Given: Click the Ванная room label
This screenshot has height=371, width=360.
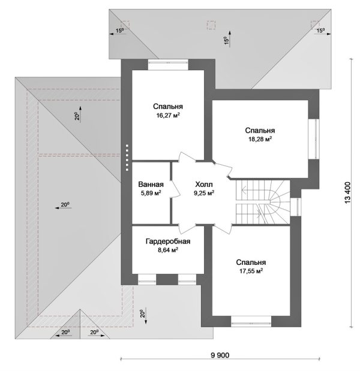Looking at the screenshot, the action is click(151, 185).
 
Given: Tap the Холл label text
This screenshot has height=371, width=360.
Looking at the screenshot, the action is click(204, 185).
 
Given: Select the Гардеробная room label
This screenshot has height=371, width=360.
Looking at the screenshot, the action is click(168, 242).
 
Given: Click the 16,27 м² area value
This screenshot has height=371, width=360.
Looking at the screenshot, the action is click(168, 115).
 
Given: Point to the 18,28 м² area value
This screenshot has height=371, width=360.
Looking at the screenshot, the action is click(260, 139).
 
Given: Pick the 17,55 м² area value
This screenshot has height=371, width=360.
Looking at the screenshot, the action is click(251, 271).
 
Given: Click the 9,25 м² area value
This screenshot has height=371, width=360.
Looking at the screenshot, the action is click(204, 193).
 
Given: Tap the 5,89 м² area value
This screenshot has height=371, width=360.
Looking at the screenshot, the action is click(151, 193).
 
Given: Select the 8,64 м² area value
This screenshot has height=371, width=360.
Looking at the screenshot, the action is click(168, 250).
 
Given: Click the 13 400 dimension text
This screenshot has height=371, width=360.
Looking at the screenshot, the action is click(347, 193).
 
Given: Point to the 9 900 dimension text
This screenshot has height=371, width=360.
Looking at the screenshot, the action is click(220, 355).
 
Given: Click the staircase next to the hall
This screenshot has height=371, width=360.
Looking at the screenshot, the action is click(263, 202).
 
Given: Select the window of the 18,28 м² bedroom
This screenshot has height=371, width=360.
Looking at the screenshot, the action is click(314, 138).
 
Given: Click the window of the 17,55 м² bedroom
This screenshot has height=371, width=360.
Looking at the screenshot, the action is click(251, 322).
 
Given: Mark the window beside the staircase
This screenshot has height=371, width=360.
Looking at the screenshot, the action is click(296, 207).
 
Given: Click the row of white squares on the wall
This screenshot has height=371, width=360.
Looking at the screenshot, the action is click(127, 158).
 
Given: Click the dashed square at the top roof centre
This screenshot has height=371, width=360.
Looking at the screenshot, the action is click(211, 25).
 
